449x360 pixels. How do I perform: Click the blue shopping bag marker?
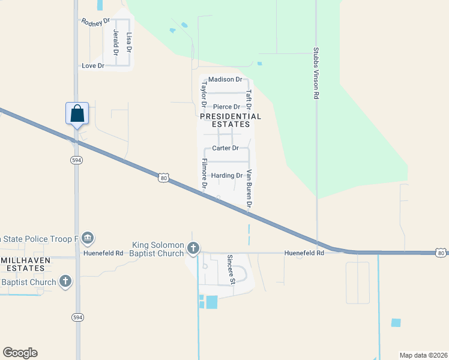(x=77, y=113)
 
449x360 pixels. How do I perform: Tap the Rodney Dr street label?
(x=96, y=22)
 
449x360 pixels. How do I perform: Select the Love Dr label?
(x=93, y=65)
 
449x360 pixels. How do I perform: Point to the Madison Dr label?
(x=225, y=79)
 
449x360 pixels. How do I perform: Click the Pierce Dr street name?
(x=227, y=107)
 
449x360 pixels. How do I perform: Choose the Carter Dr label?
(x=226, y=148)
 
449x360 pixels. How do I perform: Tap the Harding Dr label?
(x=226, y=176)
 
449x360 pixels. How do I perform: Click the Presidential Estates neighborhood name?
(x=231, y=120)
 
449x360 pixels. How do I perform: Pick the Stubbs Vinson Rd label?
(x=316, y=73)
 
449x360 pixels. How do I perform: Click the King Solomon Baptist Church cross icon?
(x=193, y=248)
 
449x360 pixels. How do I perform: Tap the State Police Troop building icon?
(x=88, y=239)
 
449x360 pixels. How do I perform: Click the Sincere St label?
(x=230, y=269)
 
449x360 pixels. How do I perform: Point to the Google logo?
(x=20, y=353)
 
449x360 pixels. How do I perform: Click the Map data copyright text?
(x=423, y=355)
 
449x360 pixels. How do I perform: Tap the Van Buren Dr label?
(x=249, y=189)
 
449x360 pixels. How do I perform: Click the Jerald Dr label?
(x=115, y=42)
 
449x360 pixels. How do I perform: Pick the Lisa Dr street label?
(x=128, y=42)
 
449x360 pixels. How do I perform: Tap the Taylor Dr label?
(x=203, y=97)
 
